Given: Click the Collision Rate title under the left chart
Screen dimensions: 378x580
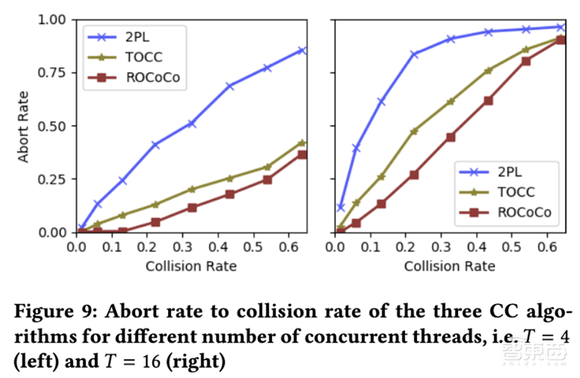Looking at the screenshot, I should [191, 266].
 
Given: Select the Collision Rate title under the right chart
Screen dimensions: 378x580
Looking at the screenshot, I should [449, 266].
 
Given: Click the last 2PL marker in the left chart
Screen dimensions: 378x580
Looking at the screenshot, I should [302, 50].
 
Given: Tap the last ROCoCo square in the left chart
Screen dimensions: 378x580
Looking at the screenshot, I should [302, 154].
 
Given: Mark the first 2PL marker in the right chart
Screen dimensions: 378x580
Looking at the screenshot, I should [341, 208].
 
